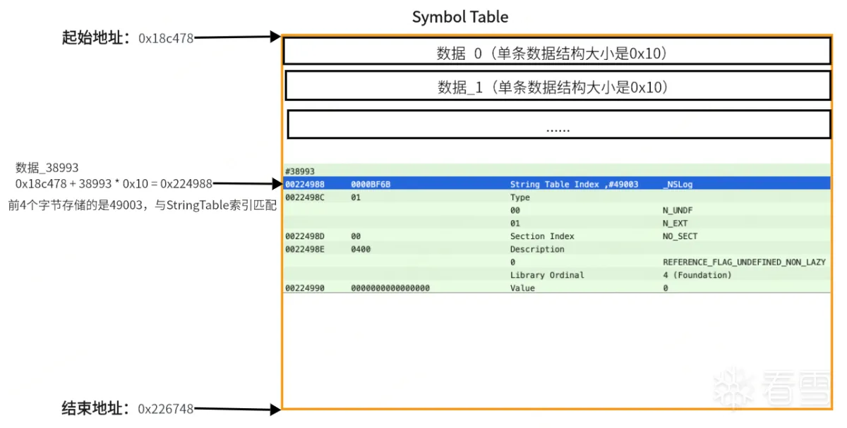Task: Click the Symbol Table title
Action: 459,17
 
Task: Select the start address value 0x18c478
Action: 166,38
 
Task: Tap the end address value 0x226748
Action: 165,409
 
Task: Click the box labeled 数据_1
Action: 558,86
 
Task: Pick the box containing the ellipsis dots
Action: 559,125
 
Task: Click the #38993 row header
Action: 299,171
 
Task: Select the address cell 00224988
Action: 304,184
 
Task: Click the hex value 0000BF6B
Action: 371,184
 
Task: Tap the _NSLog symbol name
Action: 678,184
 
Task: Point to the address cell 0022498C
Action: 304,197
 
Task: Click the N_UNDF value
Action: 677,210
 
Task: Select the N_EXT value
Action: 675,224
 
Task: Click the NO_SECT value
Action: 680,236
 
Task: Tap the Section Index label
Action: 542,236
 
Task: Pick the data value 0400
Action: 361,250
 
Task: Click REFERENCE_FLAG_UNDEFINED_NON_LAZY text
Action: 744,262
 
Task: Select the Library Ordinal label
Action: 547,275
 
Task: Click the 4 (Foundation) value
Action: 697,275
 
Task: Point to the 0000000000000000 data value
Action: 390,288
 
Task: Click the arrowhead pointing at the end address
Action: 276,409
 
